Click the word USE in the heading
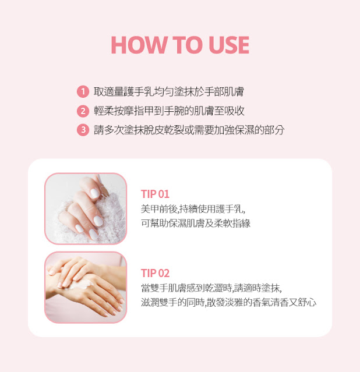pos(229,45)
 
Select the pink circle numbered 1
pos(83,91)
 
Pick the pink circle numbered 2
pos(83,111)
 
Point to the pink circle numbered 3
pos(83,130)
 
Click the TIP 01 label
pos(155,194)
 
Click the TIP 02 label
pos(155,273)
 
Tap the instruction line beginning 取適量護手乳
pos(169,91)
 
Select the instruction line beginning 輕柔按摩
pos(169,111)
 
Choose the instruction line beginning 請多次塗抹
pos(189,130)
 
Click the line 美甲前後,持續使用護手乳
pos(193,209)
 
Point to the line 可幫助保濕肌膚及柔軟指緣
pos(196,223)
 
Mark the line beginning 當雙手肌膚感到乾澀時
pos(211,288)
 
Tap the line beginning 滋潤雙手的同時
pos(229,303)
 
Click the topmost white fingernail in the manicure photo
pos(95,193)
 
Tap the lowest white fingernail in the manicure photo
pos(93,234)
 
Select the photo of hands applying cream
pos(86,288)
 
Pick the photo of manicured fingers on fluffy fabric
pos(86,208)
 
